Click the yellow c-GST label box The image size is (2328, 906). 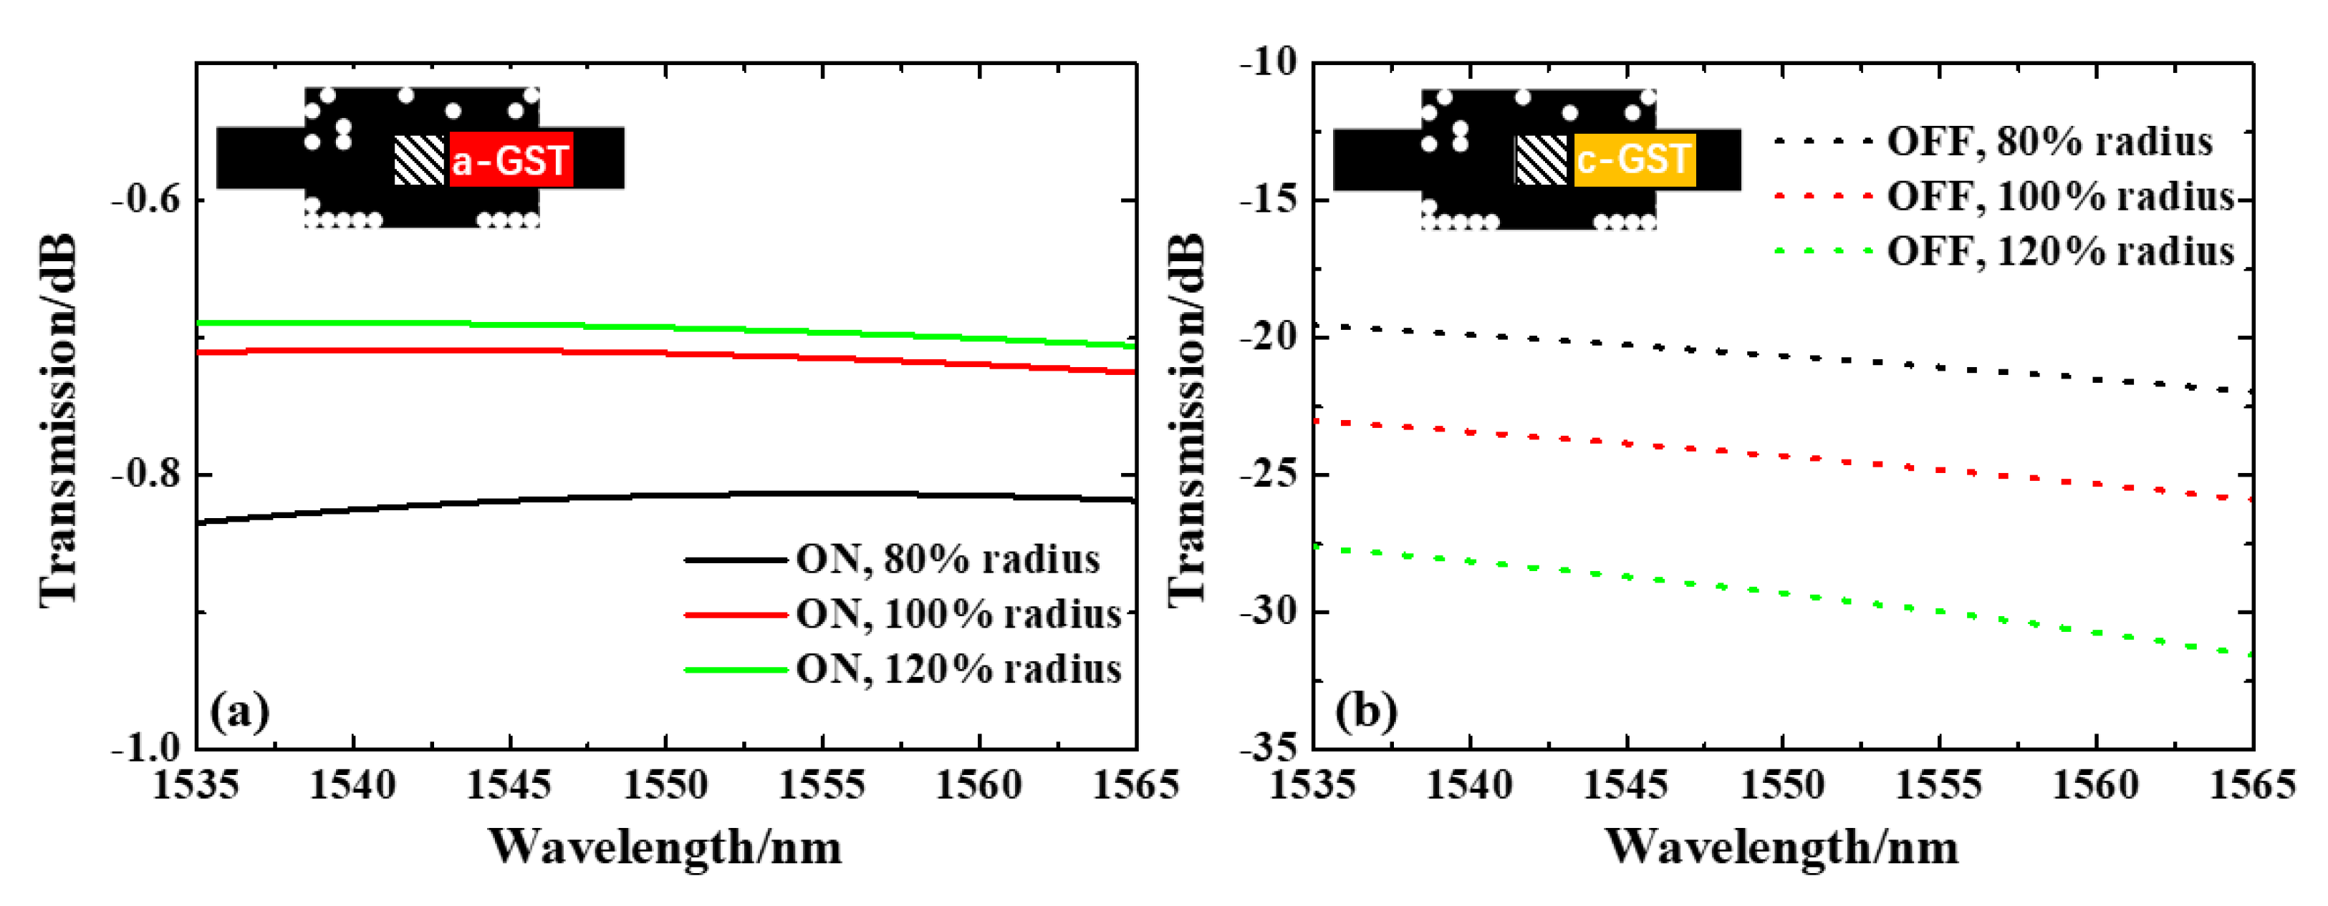click(1634, 160)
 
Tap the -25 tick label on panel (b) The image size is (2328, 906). click(1268, 475)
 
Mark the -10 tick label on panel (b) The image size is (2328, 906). click(1268, 63)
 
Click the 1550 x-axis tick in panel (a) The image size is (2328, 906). click(666, 785)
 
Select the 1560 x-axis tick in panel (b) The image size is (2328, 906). click(2096, 785)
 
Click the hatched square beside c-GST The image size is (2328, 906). click(1541, 160)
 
